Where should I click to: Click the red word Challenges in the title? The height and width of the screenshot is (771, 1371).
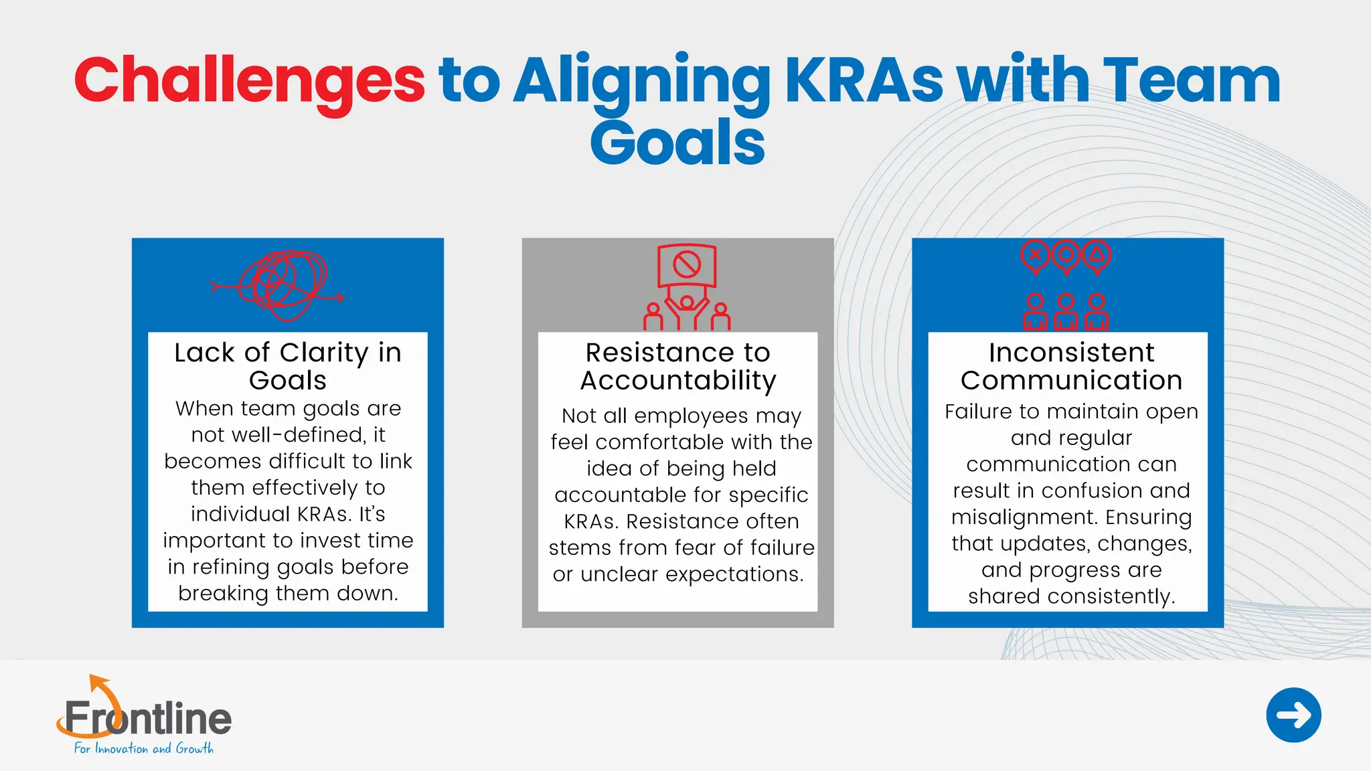pos(249,82)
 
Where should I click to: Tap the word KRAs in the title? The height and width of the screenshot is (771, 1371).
pos(864,82)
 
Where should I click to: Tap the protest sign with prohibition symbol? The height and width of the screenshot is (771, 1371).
pos(687,265)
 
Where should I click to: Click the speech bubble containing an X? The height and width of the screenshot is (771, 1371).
pos(1036,255)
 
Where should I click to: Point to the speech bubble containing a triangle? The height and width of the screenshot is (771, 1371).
pos(1097,255)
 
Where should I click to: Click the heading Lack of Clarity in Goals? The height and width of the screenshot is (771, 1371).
pos(288,366)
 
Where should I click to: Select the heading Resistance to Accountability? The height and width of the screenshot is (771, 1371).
pos(677,366)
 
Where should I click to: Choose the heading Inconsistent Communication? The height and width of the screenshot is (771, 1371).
pos(1071,366)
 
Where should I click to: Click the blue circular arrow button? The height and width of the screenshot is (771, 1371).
pos(1293,715)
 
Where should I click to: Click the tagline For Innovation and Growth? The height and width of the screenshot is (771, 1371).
pos(143,749)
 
